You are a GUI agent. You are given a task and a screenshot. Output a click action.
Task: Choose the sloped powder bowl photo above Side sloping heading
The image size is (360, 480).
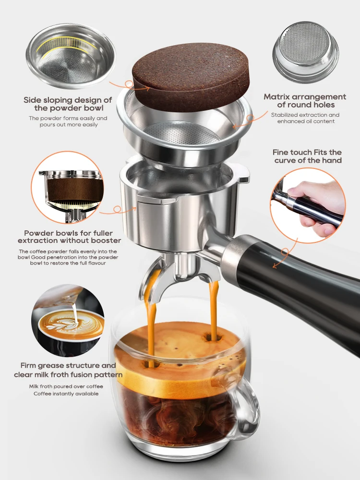(x=70, y=50)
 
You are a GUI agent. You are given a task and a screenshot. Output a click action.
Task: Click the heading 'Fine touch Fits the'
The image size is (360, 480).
(x=307, y=152)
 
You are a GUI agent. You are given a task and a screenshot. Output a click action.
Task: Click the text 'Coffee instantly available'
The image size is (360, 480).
(x=66, y=394)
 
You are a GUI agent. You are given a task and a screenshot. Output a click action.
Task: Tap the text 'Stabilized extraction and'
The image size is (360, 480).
(x=305, y=115)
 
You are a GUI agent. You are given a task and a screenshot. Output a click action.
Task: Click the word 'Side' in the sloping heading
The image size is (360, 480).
(x=33, y=100)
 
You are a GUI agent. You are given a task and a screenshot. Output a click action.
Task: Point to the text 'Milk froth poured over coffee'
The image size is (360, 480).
(x=66, y=386)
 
